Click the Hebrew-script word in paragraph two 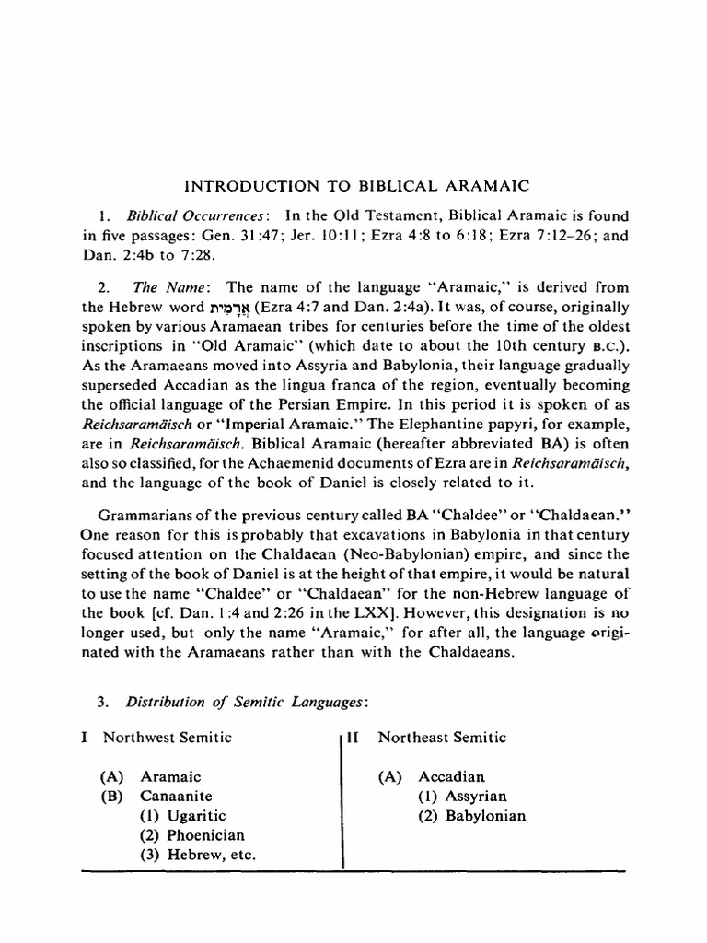pyautogui.click(x=244, y=307)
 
